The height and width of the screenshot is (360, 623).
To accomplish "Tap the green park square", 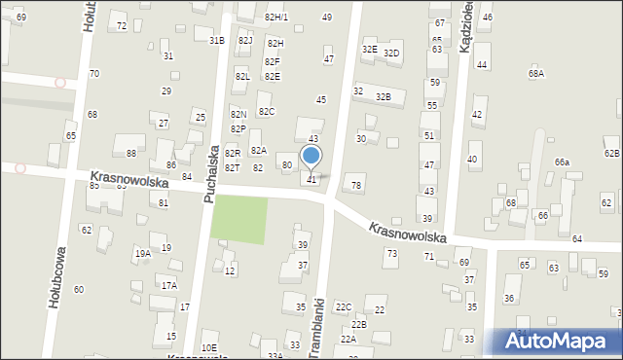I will (x=238, y=219).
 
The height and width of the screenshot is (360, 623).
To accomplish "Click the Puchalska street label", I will (x=210, y=174).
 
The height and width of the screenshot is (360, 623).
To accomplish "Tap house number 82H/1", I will (x=276, y=18).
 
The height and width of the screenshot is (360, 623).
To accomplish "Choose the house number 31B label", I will (x=216, y=40).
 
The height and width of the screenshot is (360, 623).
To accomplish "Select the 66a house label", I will (x=562, y=162).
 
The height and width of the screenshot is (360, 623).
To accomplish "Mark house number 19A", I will (x=142, y=253).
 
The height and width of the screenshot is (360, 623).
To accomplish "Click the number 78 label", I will (x=356, y=185).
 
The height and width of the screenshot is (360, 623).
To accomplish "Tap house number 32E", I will (x=369, y=49).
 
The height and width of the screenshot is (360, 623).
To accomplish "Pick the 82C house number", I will (x=266, y=111).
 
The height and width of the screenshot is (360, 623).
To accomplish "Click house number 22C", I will (x=344, y=306).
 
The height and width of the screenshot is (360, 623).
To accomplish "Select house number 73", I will (x=391, y=253).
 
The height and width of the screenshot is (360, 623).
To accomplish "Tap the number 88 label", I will (x=131, y=154).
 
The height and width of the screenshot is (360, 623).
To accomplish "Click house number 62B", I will (x=611, y=153).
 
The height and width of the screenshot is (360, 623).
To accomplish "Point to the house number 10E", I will (x=208, y=347).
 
